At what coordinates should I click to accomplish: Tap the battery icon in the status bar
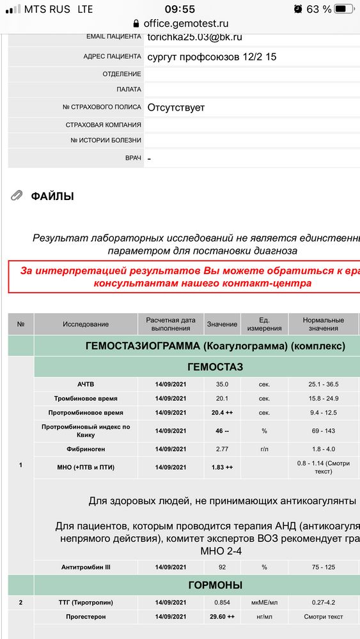click(345, 9)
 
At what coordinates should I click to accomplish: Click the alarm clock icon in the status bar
click(298, 9)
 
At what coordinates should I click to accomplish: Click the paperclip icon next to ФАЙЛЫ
click(17, 196)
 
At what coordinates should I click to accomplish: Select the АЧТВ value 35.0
click(222, 385)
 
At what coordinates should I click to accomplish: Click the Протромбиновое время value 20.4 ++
click(222, 413)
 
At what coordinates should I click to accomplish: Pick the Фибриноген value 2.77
click(222, 449)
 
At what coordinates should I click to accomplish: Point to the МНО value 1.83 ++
click(222, 467)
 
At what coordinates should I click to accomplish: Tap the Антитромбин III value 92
click(222, 567)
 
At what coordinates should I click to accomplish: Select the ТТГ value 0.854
click(222, 603)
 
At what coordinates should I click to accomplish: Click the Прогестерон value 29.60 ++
click(222, 617)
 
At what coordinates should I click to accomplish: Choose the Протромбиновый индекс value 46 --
click(222, 431)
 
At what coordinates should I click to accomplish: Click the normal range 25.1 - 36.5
click(322, 385)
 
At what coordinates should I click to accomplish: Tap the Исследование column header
click(86, 324)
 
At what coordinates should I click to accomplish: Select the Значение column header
click(222, 324)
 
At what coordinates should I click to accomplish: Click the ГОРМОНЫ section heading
click(215, 585)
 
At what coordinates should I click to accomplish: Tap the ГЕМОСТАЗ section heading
click(215, 367)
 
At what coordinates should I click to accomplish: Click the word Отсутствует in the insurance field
click(176, 107)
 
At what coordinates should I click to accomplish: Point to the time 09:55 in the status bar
click(180, 9)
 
